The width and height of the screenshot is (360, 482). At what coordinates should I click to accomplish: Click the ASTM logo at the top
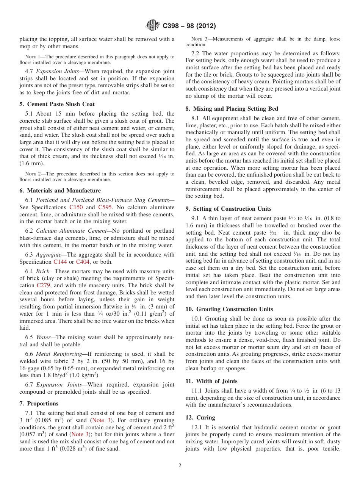153,26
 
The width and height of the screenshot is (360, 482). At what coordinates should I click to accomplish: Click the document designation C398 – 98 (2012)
189,26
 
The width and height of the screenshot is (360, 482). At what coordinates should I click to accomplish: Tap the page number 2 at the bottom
180,466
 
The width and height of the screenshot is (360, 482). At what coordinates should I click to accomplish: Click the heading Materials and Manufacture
60,191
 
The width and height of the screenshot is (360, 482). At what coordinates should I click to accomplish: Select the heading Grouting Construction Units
229,309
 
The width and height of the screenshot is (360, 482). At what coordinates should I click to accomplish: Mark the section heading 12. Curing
200,418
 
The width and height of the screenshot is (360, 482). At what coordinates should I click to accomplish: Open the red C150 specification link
76,207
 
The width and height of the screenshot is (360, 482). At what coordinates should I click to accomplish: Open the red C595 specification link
105,207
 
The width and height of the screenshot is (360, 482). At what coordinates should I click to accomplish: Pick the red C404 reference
83,262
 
